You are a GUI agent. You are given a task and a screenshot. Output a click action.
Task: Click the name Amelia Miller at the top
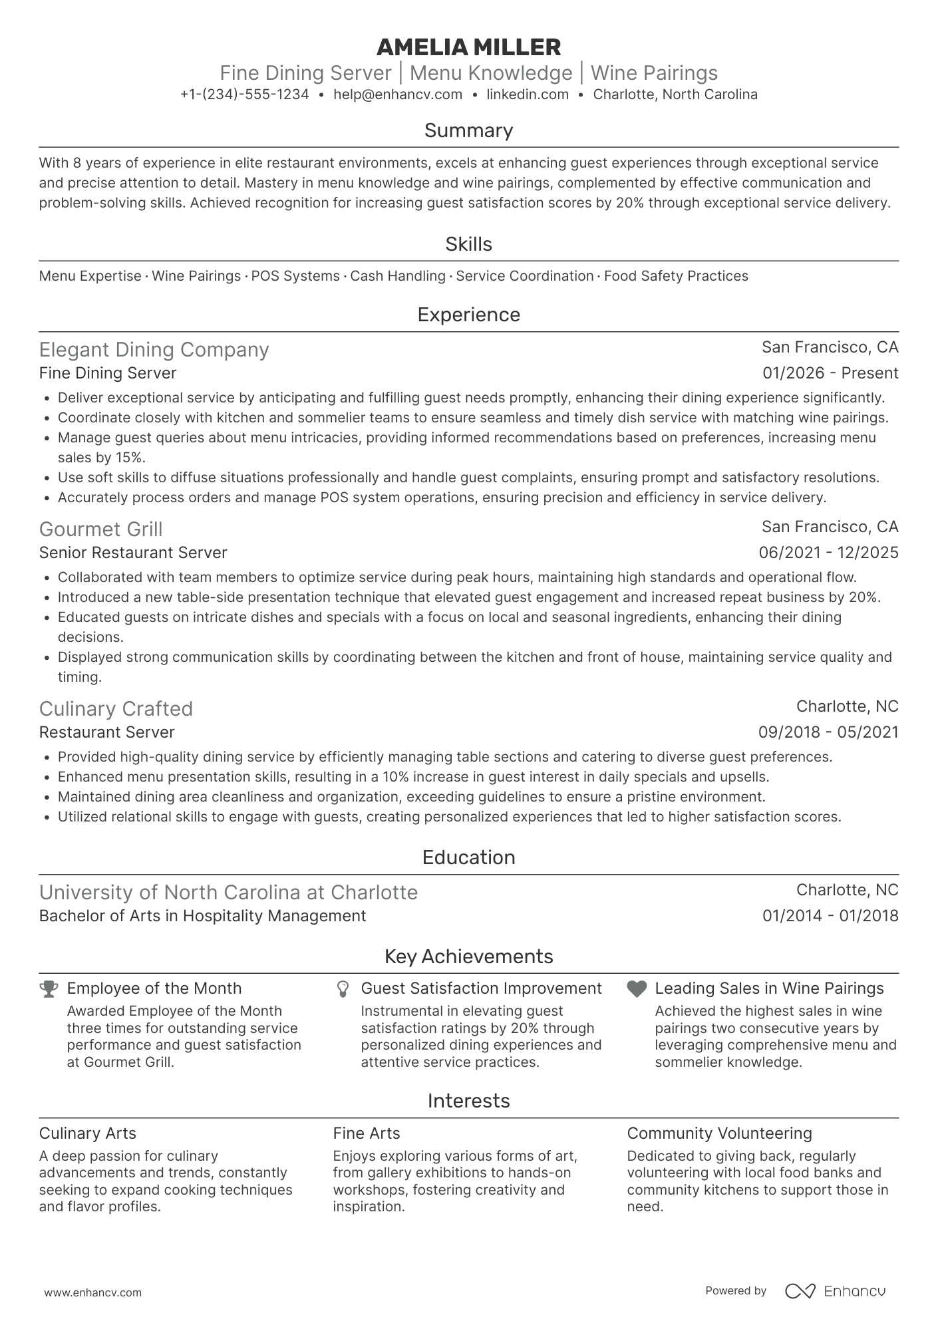pos(468,47)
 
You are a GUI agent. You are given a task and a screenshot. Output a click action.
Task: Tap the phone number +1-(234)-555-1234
pos(244,94)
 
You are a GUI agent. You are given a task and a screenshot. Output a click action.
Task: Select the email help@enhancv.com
pos(398,94)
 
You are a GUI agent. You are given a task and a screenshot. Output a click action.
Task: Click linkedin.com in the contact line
pos(528,94)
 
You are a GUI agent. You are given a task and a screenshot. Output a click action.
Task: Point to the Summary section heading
pos(468,130)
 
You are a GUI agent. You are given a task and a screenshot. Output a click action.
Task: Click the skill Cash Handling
pos(398,276)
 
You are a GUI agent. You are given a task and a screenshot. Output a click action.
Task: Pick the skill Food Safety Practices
pos(676,276)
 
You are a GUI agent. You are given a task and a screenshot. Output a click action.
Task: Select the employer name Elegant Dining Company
pos(154,350)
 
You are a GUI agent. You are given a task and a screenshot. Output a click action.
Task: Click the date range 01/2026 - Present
pos(830,373)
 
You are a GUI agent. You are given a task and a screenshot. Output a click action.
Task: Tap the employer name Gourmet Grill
pos(100,529)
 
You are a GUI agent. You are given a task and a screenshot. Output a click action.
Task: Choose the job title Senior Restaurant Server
pos(133,553)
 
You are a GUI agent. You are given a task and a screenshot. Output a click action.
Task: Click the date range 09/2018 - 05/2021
pos(828,732)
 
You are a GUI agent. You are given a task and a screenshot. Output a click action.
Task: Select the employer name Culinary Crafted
pos(116,709)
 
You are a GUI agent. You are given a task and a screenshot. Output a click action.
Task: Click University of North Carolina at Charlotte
pos(228,893)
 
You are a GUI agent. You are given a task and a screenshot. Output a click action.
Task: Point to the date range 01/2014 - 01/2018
pos(830,916)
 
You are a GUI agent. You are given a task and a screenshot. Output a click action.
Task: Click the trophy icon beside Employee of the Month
pos(49,989)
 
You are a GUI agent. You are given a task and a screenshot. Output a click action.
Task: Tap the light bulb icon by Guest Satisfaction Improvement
pos(343,989)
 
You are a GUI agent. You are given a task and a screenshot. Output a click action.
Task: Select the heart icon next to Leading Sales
pos(637,989)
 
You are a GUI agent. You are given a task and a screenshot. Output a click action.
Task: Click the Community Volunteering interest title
pos(719,1133)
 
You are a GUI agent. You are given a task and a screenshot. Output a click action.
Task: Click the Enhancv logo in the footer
pos(835,1291)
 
